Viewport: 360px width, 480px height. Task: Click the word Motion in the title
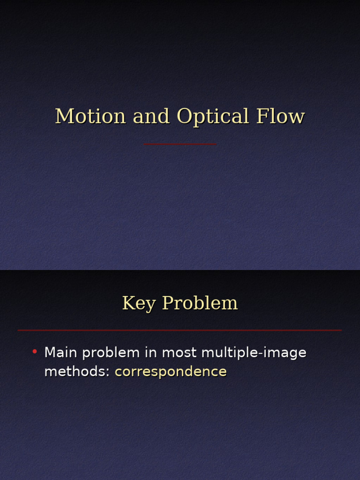pos(90,117)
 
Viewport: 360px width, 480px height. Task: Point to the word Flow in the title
pos(280,117)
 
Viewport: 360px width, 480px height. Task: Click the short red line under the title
pos(180,144)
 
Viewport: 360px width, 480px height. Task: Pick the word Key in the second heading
pos(139,304)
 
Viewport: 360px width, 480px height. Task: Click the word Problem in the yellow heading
pos(200,304)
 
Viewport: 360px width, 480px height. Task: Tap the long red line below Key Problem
pos(180,330)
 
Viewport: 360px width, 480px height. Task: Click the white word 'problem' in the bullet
pos(111,353)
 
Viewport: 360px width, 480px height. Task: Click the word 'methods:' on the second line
pos(77,372)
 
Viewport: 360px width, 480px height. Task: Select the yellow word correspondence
pos(171,372)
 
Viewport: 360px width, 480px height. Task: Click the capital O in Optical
pos(184,117)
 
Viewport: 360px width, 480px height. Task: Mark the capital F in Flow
pos(262,117)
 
